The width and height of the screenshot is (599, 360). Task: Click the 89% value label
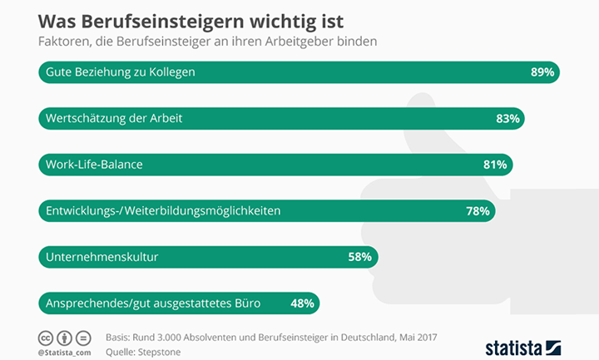pos(542,72)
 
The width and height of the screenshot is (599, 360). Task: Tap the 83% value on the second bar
pos(507,119)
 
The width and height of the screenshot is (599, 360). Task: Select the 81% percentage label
pos(495,165)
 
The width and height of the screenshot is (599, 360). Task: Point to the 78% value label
pos(478,211)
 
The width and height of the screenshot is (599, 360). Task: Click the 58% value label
pos(359,257)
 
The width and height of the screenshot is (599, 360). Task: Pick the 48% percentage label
pos(302,303)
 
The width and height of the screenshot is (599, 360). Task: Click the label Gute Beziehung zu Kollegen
pos(121,72)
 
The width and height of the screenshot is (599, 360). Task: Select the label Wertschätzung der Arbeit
pos(114,119)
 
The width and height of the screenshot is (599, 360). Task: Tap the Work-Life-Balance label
pos(94,165)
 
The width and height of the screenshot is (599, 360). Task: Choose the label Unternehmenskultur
pos(101,257)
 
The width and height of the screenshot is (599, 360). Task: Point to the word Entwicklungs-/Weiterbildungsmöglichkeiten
pos(162,211)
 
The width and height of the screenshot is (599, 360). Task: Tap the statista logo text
pos(512,347)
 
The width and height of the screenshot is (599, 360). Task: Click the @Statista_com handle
pos(64,353)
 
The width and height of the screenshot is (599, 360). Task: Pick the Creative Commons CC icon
pos(46,338)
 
